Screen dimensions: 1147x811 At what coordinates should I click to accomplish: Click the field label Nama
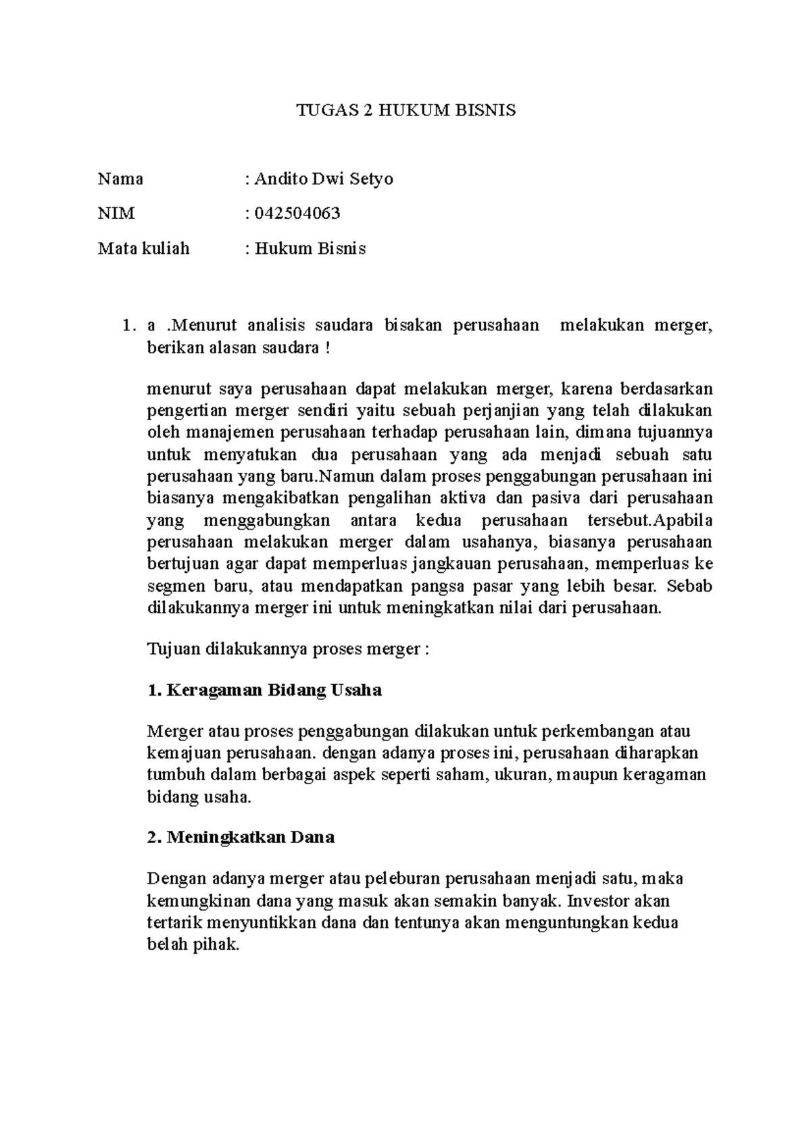tap(120, 179)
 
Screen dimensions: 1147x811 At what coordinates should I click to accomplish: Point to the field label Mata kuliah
tap(143, 249)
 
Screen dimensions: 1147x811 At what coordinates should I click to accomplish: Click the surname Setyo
tap(371, 179)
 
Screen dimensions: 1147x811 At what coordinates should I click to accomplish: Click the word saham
tap(460, 775)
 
